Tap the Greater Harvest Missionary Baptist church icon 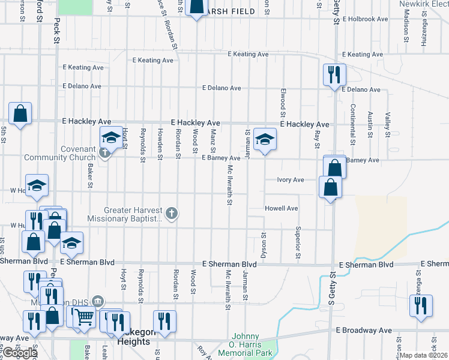click(x=172, y=213)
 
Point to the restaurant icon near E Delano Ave click(x=334, y=76)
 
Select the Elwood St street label click(x=282, y=100)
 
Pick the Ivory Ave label click(x=291, y=179)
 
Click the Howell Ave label click(x=282, y=208)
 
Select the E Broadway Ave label click(x=364, y=330)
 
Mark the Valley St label click(x=388, y=124)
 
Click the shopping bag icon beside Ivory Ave click(x=330, y=188)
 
